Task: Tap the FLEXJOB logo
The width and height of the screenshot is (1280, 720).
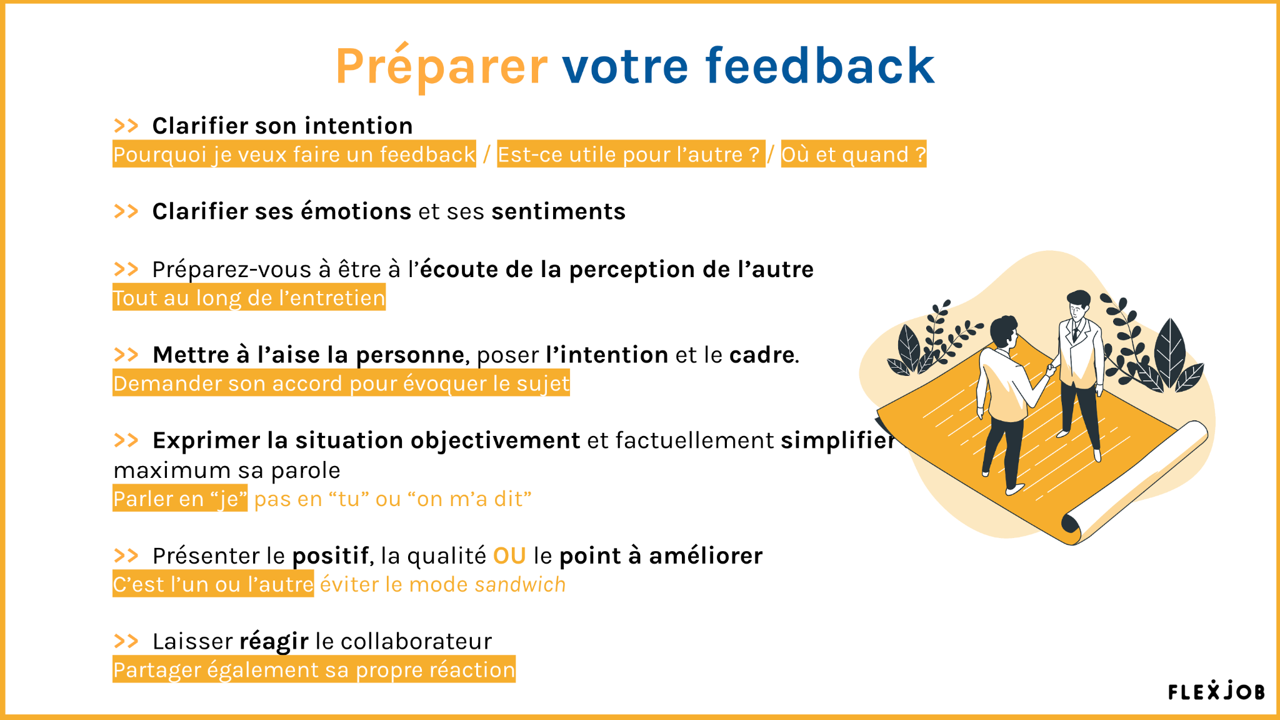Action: click(x=1216, y=690)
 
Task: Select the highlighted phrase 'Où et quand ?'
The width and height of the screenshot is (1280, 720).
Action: click(x=854, y=154)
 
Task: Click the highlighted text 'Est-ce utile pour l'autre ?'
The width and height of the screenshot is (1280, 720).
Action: click(x=631, y=154)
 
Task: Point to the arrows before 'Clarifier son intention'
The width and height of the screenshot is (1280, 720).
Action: click(x=126, y=126)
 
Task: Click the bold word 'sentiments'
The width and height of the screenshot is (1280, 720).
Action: click(x=558, y=211)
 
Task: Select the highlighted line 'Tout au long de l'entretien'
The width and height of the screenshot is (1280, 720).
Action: click(x=249, y=297)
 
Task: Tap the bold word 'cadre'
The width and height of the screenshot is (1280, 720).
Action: click(x=762, y=355)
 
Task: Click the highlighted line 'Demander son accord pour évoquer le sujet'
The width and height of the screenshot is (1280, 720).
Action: click(x=341, y=383)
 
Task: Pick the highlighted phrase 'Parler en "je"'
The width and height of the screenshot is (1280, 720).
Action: click(x=180, y=499)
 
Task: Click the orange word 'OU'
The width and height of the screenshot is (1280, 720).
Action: click(x=509, y=555)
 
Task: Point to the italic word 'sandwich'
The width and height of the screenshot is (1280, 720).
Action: click(x=520, y=584)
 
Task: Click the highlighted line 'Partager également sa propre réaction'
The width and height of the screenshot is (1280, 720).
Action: click(x=314, y=669)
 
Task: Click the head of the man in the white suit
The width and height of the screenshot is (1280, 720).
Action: click(x=1077, y=305)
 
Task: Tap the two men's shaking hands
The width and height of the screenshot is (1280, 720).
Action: click(x=1052, y=369)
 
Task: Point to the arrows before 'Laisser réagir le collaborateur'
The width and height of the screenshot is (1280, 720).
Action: click(x=126, y=641)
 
